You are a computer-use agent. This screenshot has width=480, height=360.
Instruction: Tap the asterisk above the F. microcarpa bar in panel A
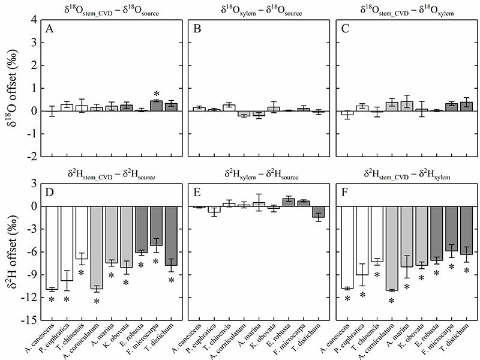point(155,94)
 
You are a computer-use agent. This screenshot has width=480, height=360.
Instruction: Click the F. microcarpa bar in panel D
point(155,226)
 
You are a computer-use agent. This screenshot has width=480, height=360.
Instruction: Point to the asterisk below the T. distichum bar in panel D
point(170,280)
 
